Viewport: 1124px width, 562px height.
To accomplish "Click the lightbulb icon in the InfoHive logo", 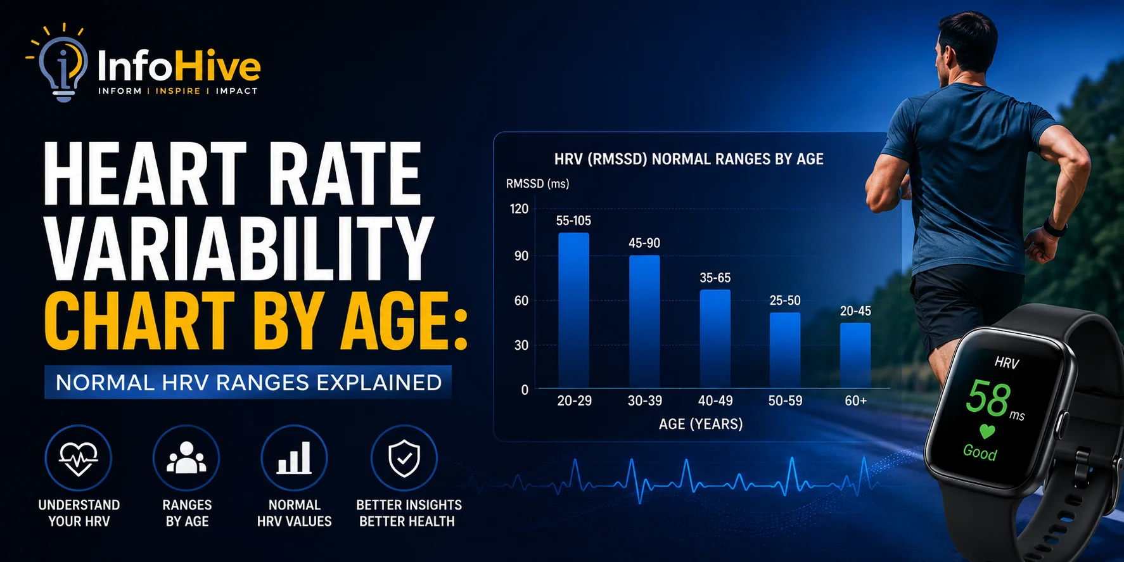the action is pyautogui.click(x=62, y=63).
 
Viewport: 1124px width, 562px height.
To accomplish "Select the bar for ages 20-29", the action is pyautogui.click(x=573, y=310).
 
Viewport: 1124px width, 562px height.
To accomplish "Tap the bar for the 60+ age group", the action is pyautogui.click(x=855, y=355).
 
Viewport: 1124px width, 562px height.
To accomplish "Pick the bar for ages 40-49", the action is pyautogui.click(x=715, y=339).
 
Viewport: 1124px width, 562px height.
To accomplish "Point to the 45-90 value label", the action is pyautogui.click(x=644, y=243).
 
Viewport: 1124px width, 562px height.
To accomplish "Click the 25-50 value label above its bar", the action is pyautogui.click(x=785, y=300).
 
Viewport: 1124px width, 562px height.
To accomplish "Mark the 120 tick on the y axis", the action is pyautogui.click(x=519, y=209).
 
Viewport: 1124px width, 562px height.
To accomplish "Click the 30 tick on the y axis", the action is pyautogui.click(x=521, y=345).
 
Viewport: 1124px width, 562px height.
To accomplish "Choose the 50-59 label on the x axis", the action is pyautogui.click(x=785, y=401).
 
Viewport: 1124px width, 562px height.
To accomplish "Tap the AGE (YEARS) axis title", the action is pyautogui.click(x=701, y=424).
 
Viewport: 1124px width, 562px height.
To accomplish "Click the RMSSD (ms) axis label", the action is pyautogui.click(x=537, y=184).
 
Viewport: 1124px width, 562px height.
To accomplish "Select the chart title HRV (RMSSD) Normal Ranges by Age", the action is pyautogui.click(x=689, y=159).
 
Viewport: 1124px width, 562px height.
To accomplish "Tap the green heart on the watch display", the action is pyautogui.click(x=987, y=431).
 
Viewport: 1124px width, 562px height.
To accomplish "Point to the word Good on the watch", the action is pyautogui.click(x=980, y=452).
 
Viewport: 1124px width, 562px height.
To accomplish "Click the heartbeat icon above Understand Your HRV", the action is pyautogui.click(x=79, y=458).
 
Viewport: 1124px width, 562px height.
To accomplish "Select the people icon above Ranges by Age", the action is pyautogui.click(x=186, y=458).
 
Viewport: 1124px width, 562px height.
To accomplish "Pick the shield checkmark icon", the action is pyautogui.click(x=404, y=458).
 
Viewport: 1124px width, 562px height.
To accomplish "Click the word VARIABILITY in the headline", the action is pyautogui.click(x=239, y=248).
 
